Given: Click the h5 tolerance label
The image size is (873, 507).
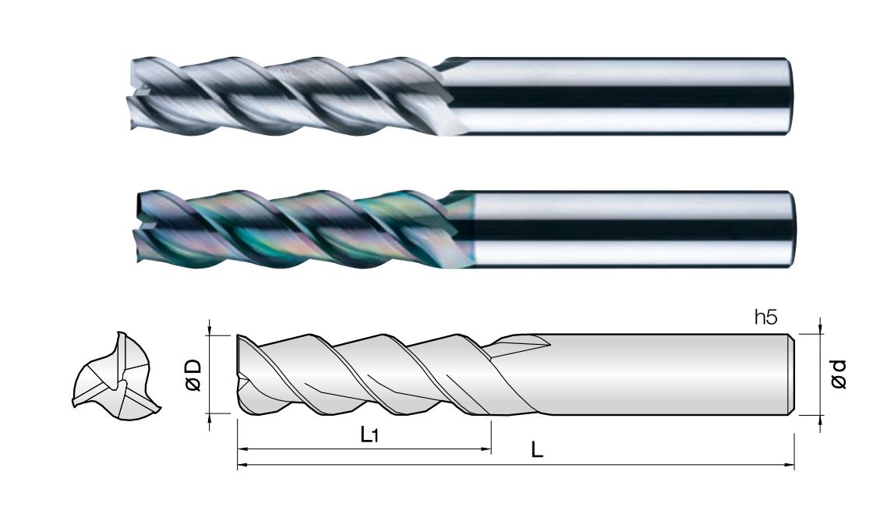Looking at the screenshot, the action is [x=765, y=317].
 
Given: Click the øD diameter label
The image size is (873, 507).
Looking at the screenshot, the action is [x=193, y=375].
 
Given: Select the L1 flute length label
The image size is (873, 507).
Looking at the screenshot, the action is [x=369, y=434].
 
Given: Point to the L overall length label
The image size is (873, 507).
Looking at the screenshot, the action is [x=536, y=449].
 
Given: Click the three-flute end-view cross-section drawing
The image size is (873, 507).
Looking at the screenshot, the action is [x=117, y=377].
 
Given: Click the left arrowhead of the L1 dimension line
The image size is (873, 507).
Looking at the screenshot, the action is [x=242, y=448].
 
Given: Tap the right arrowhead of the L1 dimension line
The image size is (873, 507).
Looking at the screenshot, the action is [x=486, y=448].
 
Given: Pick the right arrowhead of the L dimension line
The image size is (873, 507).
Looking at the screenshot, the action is [x=790, y=464].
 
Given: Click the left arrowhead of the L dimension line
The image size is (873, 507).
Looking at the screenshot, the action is [x=242, y=464].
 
